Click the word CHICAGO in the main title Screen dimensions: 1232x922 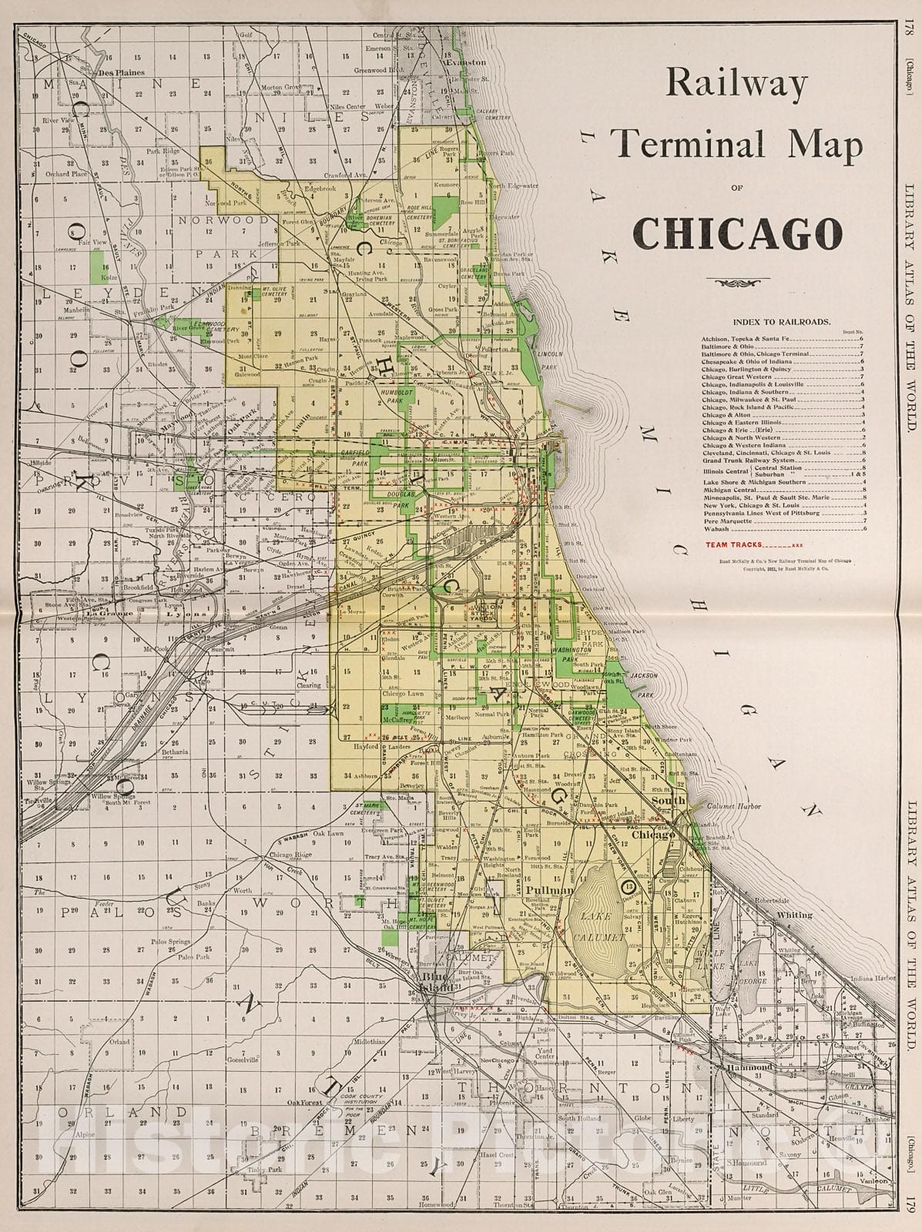(736, 233)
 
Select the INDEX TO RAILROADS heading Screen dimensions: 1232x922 (782, 322)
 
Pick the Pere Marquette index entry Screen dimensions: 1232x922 (725, 521)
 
